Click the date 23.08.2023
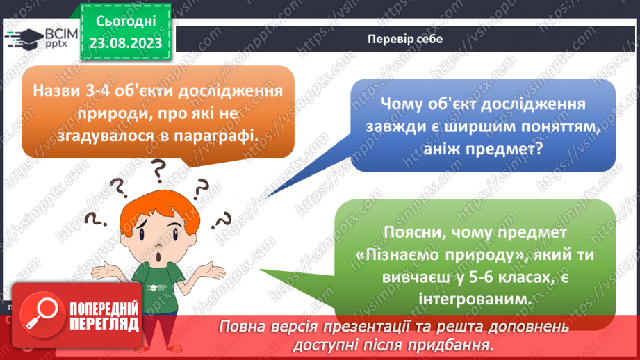[126, 42]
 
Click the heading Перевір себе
[404, 39]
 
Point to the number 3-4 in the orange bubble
[97, 91]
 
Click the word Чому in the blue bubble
[407, 104]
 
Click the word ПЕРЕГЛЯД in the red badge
[104, 323]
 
